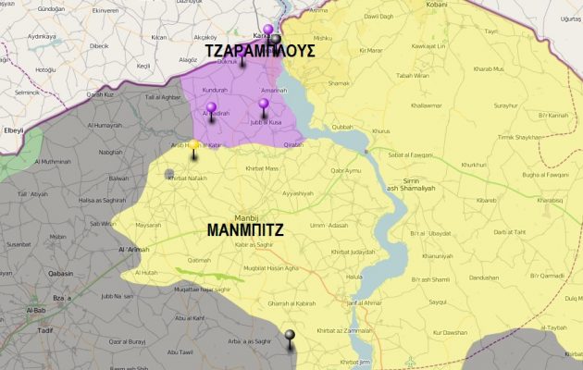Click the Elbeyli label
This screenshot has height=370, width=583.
[14, 130]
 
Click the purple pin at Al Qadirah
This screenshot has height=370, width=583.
[211, 109]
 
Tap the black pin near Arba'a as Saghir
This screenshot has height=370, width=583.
[290, 337]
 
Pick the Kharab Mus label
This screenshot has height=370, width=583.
[487, 68]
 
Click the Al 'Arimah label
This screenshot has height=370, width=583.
[134, 250]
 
